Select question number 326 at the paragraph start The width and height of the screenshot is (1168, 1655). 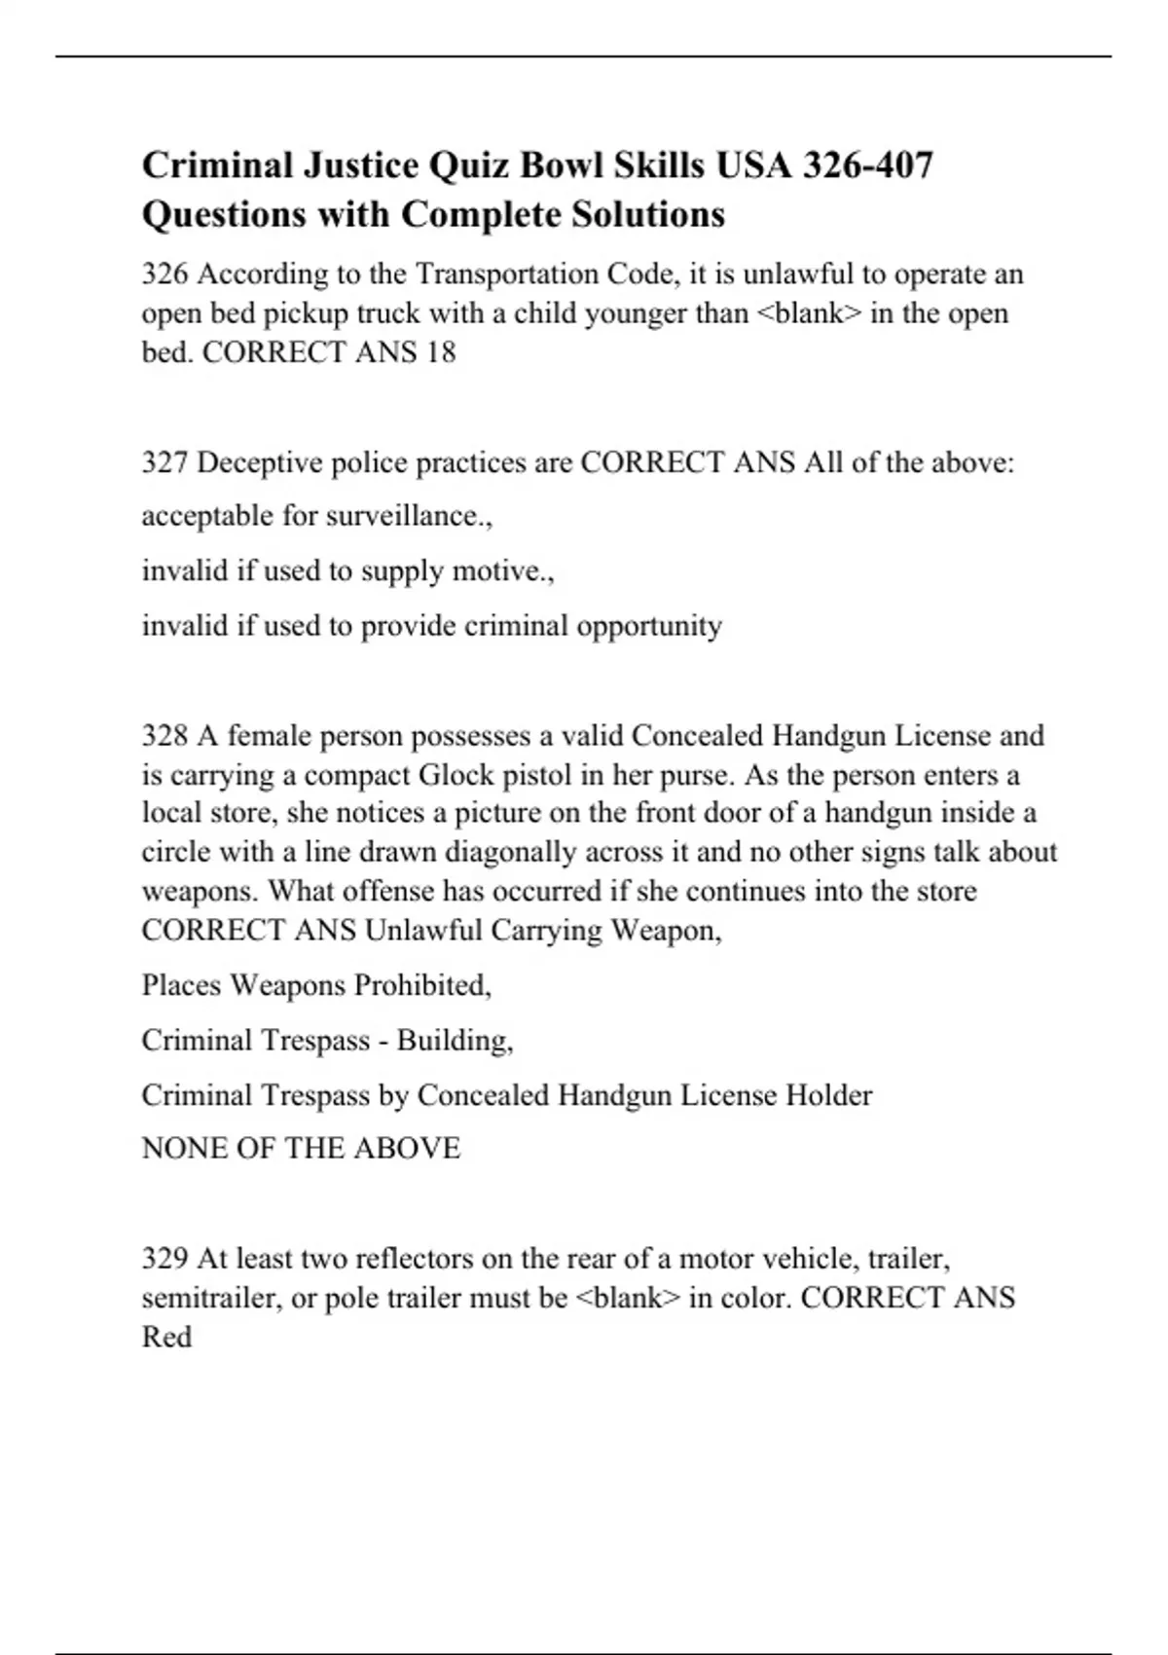(x=164, y=275)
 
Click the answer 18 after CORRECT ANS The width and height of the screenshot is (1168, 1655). (x=440, y=352)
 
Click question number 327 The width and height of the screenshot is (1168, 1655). (x=164, y=462)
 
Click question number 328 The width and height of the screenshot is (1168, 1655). (x=164, y=735)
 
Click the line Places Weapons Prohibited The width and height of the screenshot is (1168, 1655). (x=316, y=985)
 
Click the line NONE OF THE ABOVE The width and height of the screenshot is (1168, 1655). (x=301, y=1149)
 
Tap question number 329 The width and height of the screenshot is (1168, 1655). (x=164, y=1259)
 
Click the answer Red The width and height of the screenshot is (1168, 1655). (x=166, y=1337)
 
